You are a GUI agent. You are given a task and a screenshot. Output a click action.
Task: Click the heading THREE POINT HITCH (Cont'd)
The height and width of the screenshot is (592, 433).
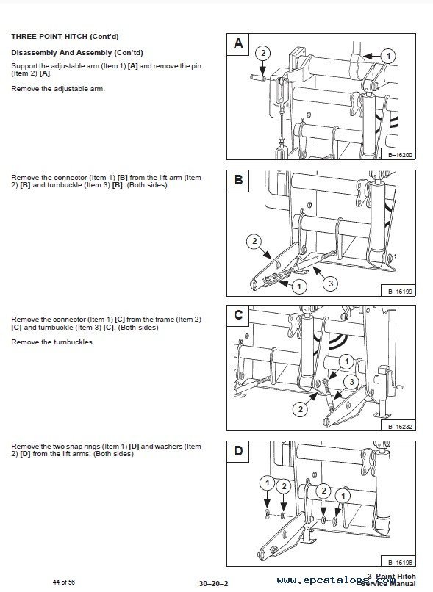pos(65,37)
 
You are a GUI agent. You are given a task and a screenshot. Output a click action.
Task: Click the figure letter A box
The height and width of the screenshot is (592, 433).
pos(238,45)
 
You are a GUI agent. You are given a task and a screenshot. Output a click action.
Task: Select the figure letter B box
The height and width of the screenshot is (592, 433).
pos(238,181)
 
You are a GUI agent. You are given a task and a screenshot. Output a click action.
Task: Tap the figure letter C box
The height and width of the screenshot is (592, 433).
pos(238,316)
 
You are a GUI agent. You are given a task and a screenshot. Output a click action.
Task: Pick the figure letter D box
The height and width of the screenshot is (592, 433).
pos(238,452)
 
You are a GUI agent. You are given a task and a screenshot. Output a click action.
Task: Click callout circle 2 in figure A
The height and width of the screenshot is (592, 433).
pos(263,53)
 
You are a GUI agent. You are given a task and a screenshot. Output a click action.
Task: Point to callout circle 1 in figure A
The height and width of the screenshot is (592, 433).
pos(388,57)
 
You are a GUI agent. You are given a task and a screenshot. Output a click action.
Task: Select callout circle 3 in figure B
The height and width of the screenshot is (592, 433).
pos(331,284)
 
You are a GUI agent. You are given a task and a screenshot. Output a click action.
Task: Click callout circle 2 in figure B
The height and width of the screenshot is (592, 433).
pos(254,241)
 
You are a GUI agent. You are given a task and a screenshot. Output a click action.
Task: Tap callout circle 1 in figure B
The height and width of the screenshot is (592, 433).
pos(299,286)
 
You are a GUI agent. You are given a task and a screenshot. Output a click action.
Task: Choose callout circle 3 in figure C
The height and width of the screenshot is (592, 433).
pos(351,382)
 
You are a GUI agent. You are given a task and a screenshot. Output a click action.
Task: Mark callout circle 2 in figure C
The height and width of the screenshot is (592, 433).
pos(301,409)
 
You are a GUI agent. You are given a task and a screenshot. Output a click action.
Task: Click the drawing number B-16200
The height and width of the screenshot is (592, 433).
pos(401,155)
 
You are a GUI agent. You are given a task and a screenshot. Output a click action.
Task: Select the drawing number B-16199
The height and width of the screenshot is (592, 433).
pos(401,292)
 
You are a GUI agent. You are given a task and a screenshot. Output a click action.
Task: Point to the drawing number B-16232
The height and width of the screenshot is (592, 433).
pos(401,427)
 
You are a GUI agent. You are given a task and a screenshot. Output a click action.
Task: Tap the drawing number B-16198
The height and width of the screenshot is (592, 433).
pos(401,563)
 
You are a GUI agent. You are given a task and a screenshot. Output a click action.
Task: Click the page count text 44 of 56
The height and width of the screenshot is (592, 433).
pos(63,582)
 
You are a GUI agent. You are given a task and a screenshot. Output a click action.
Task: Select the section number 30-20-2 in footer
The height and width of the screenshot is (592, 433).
pos(213,584)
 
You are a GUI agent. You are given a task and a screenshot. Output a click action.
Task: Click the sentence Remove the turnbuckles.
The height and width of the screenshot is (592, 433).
pos(52,342)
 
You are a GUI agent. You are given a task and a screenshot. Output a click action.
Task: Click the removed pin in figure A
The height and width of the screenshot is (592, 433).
pos(258,78)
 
